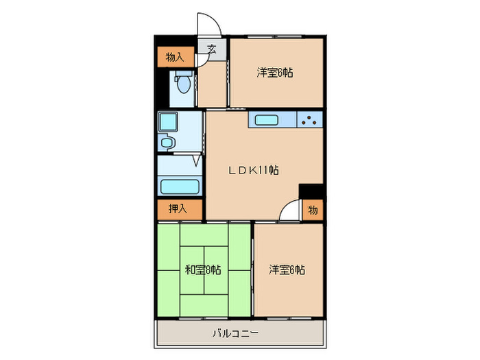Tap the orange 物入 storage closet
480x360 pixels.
pyautogui.click(x=175, y=57)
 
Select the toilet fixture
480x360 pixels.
pyautogui.click(x=182, y=86)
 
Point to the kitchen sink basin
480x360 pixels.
pyautogui.click(x=266, y=121)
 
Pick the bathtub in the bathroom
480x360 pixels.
pyautogui.click(x=179, y=187)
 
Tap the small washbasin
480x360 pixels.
pyautogui.click(x=168, y=143)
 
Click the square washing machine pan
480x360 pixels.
pyautogui.click(x=168, y=122)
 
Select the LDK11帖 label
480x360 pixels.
pyautogui.click(x=253, y=169)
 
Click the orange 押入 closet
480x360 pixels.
pyautogui.click(x=178, y=209)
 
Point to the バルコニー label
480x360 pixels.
pyautogui.click(x=235, y=334)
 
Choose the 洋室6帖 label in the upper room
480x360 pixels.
pyautogui.click(x=275, y=72)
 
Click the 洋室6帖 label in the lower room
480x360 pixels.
pyautogui.click(x=287, y=269)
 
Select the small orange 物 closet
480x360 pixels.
pyautogui.click(x=313, y=210)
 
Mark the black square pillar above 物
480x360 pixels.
pyautogui.click(x=312, y=191)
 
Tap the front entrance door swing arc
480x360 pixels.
pyautogui.click(x=208, y=25)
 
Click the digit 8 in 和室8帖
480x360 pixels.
pyautogui.click(x=203, y=269)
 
